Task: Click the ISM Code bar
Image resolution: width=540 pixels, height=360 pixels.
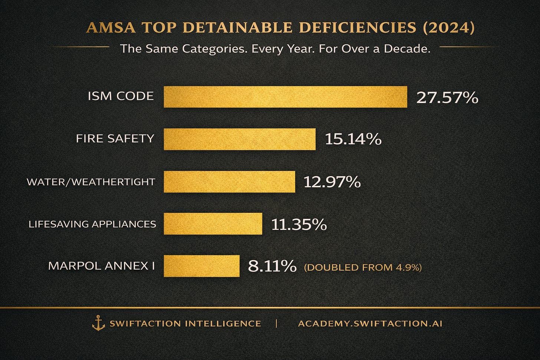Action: tap(286, 97)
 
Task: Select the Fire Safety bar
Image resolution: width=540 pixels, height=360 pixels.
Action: tap(240, 139)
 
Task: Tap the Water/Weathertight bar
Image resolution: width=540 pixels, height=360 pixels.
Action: tap(229, 182)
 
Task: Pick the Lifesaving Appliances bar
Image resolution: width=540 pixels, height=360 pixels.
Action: tap(213, 224)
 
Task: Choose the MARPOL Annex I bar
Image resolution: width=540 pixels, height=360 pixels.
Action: tap(201, 266)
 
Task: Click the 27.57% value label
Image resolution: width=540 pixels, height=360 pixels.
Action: tap(447, 98)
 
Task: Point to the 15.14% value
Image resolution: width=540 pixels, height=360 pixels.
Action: tap(353, 139)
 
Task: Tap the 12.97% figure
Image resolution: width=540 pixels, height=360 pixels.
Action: tap(332, 182)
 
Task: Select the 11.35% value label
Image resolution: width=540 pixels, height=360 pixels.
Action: tap(299, 225)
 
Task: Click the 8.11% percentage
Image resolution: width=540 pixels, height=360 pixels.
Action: tap(272, 266)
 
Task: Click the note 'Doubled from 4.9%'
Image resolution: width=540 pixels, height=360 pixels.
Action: tap(363, 267)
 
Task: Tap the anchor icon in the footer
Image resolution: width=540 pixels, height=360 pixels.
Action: tap(99, 323)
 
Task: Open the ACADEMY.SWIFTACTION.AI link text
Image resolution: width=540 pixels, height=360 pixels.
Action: tap(370, 323)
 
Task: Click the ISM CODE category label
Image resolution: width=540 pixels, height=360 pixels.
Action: tap(121, 96)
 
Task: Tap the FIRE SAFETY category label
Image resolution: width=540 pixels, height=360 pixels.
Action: tap(115, 139)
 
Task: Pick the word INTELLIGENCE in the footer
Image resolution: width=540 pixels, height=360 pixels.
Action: tap(223, 323)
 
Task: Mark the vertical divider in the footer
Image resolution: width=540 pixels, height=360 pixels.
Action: tap(276, 323)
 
